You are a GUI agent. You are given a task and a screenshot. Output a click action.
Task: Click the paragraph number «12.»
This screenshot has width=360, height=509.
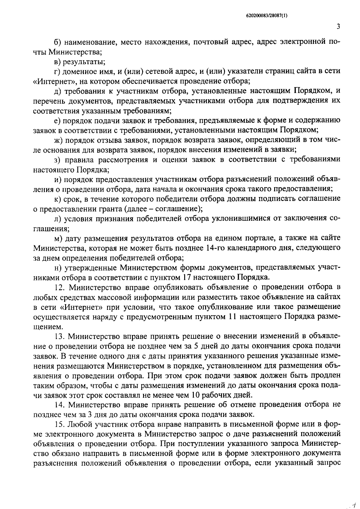pos(60,287)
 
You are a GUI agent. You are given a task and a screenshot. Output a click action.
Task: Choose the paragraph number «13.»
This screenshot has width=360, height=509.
pos(60,336)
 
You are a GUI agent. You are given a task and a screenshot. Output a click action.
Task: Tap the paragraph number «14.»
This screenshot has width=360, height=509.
pos(60,404)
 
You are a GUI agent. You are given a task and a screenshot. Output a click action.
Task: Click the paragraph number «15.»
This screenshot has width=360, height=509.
pos(60,424)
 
